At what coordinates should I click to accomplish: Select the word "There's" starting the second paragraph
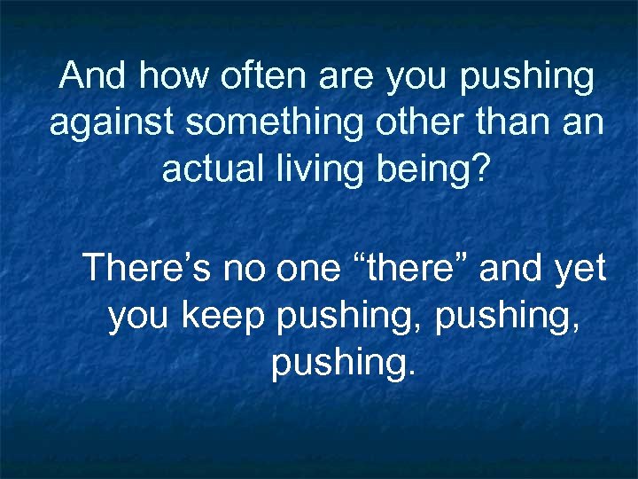click(x=144, y=268)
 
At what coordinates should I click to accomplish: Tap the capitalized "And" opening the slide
click(x=92, y=77)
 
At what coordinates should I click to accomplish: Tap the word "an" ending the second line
click(x=585, y=123)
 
